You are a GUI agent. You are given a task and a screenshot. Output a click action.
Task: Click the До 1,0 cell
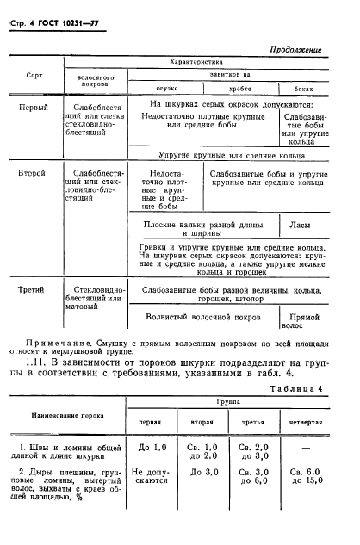tap(151, 449)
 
